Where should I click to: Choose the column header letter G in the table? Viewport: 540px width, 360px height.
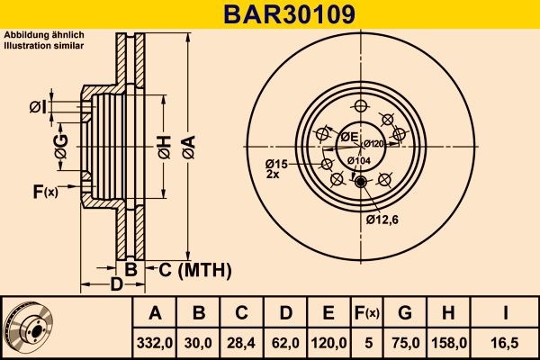(404, 313)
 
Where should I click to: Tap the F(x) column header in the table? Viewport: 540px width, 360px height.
(366, 313)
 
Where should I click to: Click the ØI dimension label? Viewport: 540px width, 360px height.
(37, 108)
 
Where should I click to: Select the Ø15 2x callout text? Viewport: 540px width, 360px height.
(274, 168)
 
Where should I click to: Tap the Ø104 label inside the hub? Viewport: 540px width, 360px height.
(360, 160)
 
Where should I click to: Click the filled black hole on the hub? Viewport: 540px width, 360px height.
(362, 184)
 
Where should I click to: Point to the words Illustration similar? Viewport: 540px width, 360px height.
(44, 44)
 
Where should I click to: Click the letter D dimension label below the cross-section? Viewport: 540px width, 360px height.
(116, 285)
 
